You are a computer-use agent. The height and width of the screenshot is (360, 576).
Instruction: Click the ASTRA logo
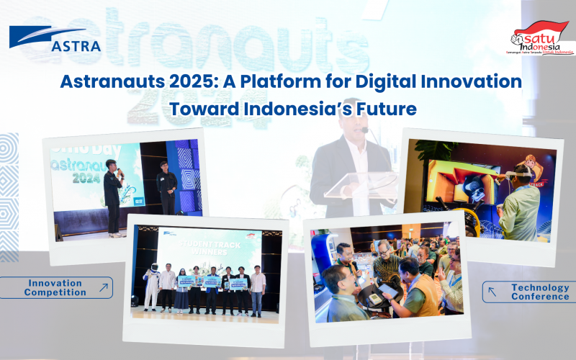[54, 40]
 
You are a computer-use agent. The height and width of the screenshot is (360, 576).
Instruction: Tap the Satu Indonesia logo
[542, 38]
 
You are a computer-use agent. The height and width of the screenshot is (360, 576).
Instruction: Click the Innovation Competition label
[55, 288]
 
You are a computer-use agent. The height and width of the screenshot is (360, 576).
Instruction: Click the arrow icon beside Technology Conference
[492, 292]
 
